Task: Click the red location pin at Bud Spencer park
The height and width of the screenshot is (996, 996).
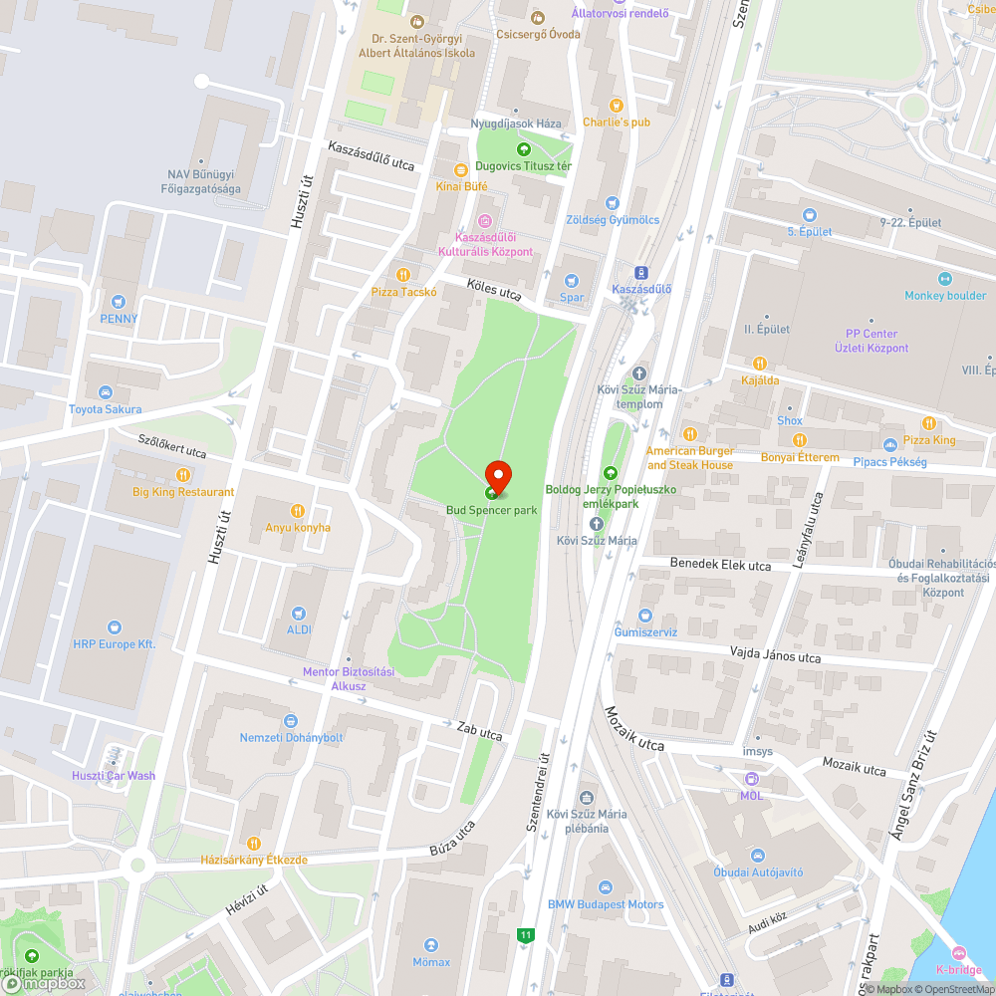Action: tap(497, 474)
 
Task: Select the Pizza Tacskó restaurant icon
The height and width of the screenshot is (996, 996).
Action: tap(403, 274)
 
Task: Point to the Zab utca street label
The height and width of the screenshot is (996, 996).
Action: tap(480, 732)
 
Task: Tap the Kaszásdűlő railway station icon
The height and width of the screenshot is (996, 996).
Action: tap(641, 272)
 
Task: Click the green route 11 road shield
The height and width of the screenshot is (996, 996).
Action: tap(525, 934)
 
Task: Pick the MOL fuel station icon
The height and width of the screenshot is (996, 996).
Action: tap(751, 778)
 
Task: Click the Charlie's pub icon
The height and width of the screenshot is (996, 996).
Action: tap(616, 105)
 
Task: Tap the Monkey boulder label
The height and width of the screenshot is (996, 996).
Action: tap(944, 296)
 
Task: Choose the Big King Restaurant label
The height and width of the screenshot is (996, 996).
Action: tap(184, 492)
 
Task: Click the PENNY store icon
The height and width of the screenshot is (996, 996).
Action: tap(120, 301)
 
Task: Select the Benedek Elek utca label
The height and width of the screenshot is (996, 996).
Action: tap(720, 565)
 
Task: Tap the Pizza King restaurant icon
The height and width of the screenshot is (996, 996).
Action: tap(929, 422)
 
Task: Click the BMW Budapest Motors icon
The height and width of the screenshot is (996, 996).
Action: tap(605, 887)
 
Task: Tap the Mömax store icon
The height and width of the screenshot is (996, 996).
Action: tap(431, 944)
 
